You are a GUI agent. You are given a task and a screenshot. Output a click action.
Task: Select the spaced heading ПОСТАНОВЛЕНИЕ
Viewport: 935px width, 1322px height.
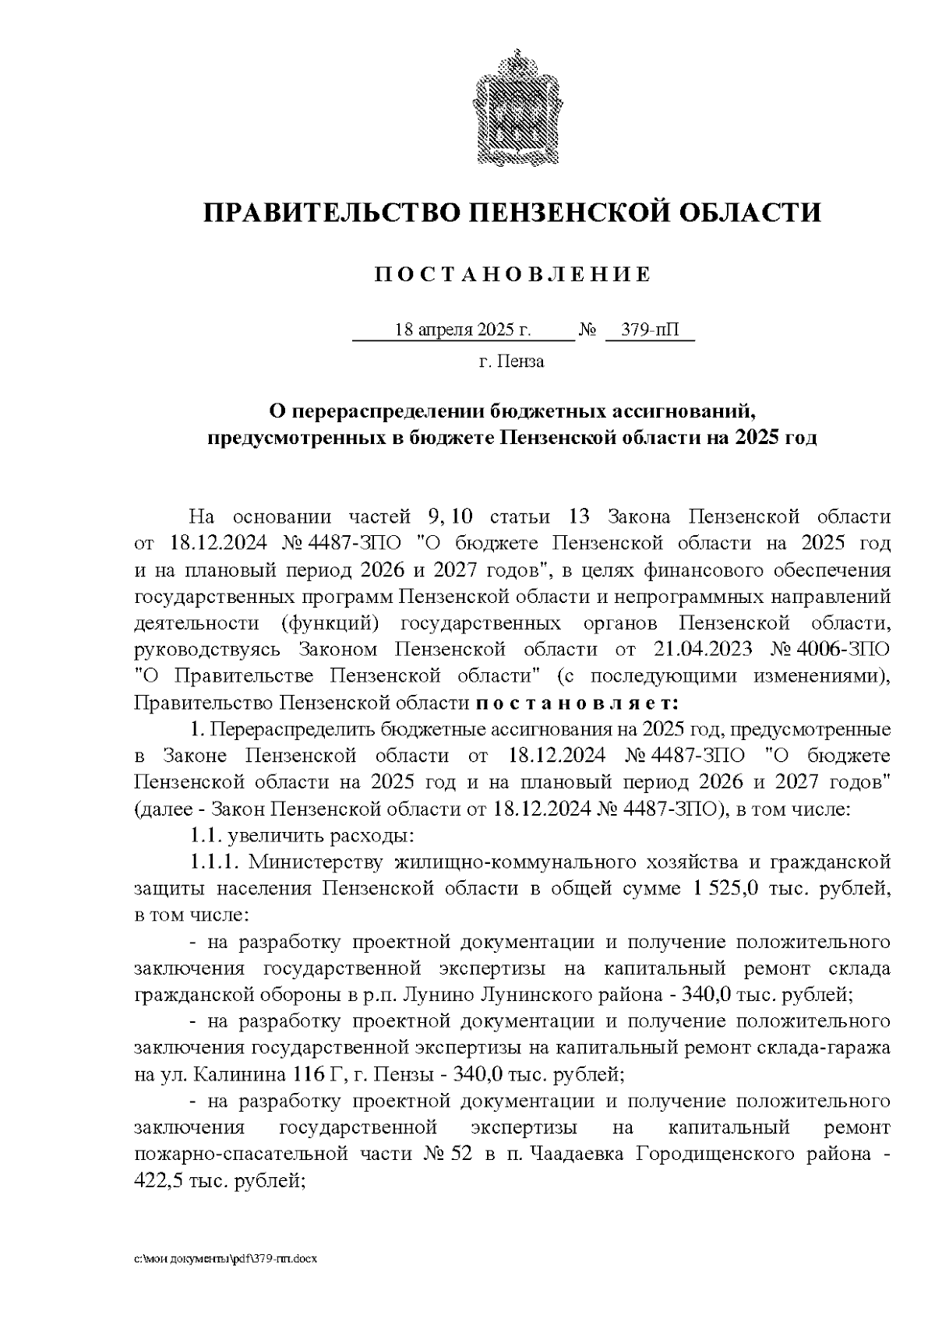point(512,275)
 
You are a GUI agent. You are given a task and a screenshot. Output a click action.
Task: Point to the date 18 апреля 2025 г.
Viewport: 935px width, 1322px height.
point(463,330)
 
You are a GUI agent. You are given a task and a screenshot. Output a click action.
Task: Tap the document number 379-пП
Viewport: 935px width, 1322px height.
point(650,330)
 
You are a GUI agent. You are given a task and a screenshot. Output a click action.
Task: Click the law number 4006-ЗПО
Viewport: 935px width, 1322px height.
point(847,649)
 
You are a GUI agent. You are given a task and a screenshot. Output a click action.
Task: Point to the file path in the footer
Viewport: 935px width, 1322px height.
point(227,1259)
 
